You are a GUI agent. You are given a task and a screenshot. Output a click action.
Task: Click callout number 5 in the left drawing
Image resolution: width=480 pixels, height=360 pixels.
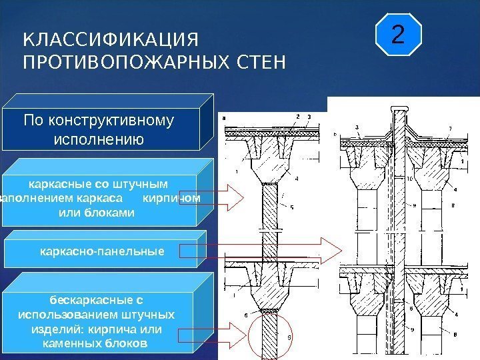[291, 207]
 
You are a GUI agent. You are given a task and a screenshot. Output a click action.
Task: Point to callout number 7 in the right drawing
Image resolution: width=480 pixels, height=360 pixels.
[450, 128]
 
